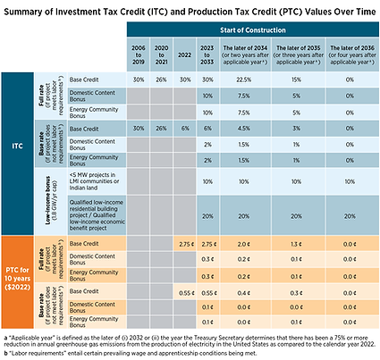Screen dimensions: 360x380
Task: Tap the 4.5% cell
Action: (244, 128)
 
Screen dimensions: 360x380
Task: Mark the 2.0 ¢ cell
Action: (244, 243)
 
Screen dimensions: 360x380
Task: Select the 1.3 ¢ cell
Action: (296, 243)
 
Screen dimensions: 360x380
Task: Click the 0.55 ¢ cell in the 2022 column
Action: (185, 292)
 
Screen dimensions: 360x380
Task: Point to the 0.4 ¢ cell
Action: (244, 292)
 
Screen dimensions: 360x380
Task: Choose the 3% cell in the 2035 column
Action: (296, 128)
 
